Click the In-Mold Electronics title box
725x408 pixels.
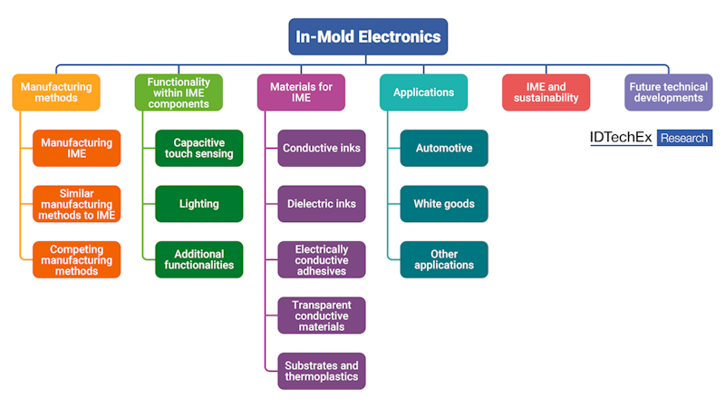click(368, 37)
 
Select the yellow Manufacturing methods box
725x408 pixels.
click(56, 92)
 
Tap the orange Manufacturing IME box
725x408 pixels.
click(77, 148)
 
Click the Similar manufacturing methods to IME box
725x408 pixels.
click(77, 204)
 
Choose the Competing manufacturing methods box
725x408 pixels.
click(77, 260)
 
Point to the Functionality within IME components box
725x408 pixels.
click(178, 92)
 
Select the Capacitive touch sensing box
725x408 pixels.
click(198, 148)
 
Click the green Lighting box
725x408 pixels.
click(198, 204)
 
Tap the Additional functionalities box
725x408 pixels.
click(198, 260)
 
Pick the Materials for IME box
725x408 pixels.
click(301, 92)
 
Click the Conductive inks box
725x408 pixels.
click(322, 148)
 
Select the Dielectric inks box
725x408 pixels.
click(322, 204)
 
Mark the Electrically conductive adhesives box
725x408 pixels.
click(322, 260)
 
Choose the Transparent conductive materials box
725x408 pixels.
click(322, 316)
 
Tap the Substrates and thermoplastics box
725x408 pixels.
click(322, 371)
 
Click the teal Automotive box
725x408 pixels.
click(444, 148)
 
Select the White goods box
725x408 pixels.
click(444, 204)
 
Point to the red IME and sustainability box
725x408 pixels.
click(546, 92)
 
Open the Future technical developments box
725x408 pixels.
click(668, 92)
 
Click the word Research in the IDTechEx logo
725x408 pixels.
click(684, 138)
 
